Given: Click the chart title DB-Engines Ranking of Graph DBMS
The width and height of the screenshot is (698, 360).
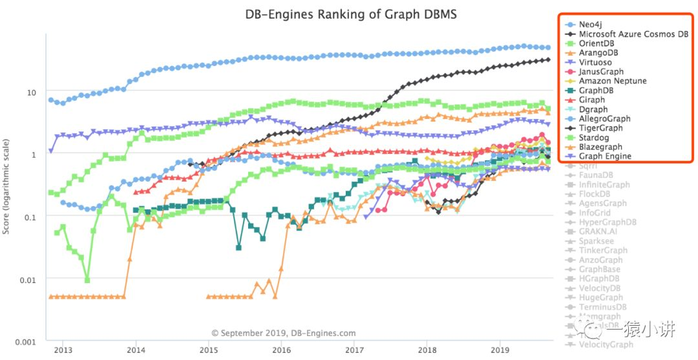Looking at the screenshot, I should click(x=350, y=14).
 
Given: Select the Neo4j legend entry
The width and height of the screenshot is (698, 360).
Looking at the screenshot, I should click(x=594, y=25).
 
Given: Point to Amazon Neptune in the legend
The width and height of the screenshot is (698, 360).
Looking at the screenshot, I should click(x=612, y=81).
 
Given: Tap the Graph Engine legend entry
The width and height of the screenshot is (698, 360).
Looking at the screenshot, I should click(x=605, y=156).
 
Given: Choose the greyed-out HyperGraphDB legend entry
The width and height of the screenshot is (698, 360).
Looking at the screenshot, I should click(x=608, y=222).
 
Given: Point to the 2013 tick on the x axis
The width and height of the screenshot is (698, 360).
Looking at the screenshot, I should click(x=62, y=350).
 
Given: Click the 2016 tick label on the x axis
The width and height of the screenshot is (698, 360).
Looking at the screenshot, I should click(x=281, y=350).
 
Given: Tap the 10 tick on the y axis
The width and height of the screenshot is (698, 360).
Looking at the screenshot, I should click(x=31, y=92).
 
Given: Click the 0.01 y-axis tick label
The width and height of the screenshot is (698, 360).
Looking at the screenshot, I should click(x=28, y=279).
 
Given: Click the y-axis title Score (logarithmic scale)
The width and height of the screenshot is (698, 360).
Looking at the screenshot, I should click(x=7, y=185).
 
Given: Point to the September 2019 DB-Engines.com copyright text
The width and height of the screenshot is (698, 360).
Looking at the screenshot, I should click(x=284, y=334).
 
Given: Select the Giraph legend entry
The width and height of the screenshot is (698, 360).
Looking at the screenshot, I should click(x=592, y=100).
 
